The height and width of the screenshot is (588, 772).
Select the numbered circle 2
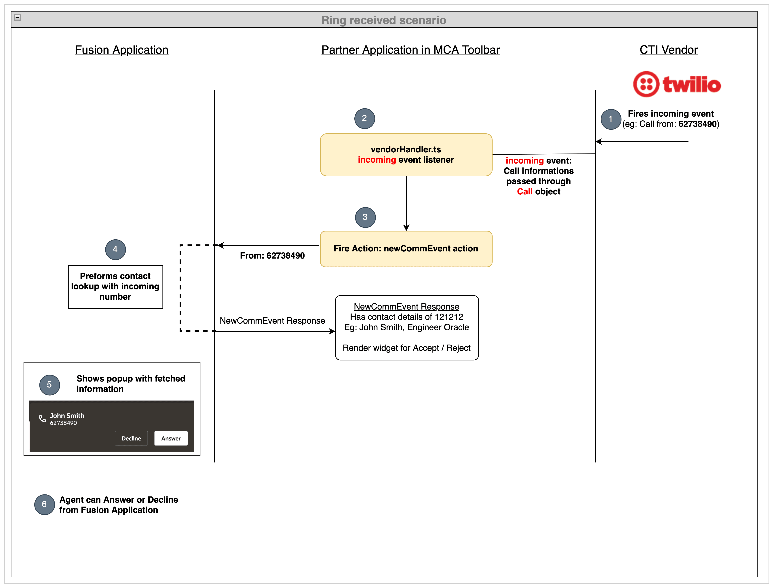point(364,118)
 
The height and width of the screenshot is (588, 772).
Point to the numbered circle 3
point(365,217)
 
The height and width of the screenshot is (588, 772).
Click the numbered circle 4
point(115,250)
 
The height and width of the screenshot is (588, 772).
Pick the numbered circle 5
point(49,385)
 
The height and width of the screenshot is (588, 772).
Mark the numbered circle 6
point(44,504)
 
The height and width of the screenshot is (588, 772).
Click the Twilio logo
point(676,84)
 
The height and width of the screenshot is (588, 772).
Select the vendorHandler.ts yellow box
point(406,155)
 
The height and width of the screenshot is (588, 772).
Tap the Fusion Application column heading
point(121,50)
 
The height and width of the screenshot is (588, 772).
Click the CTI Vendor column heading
point(668,50)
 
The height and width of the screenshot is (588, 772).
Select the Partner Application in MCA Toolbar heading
point(410,50)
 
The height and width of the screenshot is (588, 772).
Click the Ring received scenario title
point(384,20)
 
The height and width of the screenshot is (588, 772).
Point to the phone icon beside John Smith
point(42,419)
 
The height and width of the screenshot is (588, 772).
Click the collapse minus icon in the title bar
point(18,18)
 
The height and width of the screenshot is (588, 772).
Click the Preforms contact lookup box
point(115,287)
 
